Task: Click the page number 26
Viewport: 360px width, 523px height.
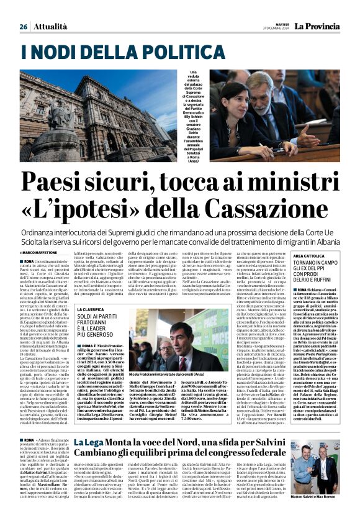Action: coord(23,27)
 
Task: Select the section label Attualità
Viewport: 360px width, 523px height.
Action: coord(50,27)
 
